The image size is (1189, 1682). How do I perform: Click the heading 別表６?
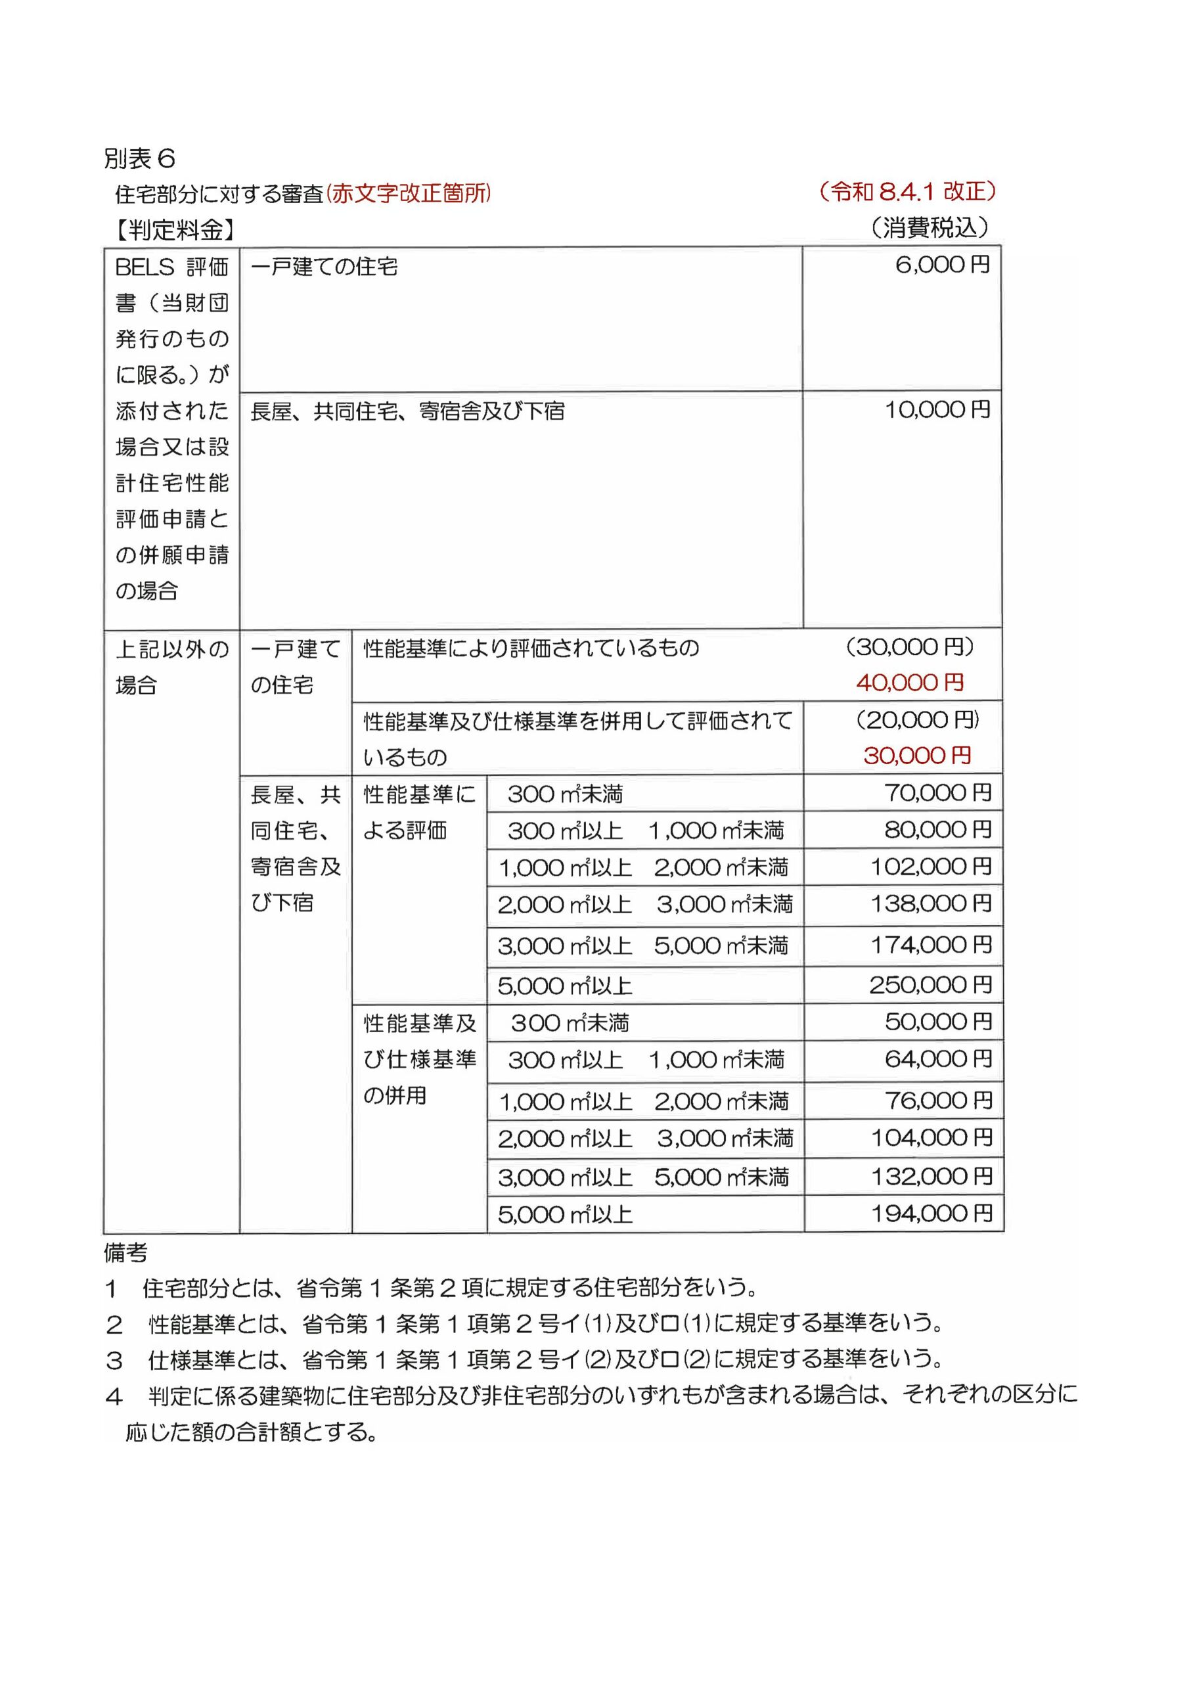click(x=139, y=158)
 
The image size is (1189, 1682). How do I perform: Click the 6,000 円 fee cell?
click(x=942, y=265)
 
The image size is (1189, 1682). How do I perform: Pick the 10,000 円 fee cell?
click(x=937, y=410)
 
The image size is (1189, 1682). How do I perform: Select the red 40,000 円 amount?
click(x=910, y=683)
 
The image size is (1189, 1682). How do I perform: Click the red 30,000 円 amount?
click(x=917, y=756)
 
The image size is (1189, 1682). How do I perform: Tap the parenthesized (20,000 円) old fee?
click(x=917, y=720)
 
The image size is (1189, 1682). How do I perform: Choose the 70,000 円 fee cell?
click(x=937, y=792)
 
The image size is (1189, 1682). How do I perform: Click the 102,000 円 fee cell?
click(x=930, y=867)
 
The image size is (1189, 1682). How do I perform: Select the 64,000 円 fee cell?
click(x=937, y=1059)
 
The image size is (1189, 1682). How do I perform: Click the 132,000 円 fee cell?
click(x=931, y=1177)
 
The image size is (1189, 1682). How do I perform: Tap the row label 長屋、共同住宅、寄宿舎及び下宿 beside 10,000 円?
click(x=407, y=412)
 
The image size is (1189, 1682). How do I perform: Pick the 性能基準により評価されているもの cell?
click(x=531, y=648)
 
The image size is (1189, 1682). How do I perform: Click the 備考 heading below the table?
click(x=125, y=1254)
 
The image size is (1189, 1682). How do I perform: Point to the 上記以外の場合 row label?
click(x=171, y=667)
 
